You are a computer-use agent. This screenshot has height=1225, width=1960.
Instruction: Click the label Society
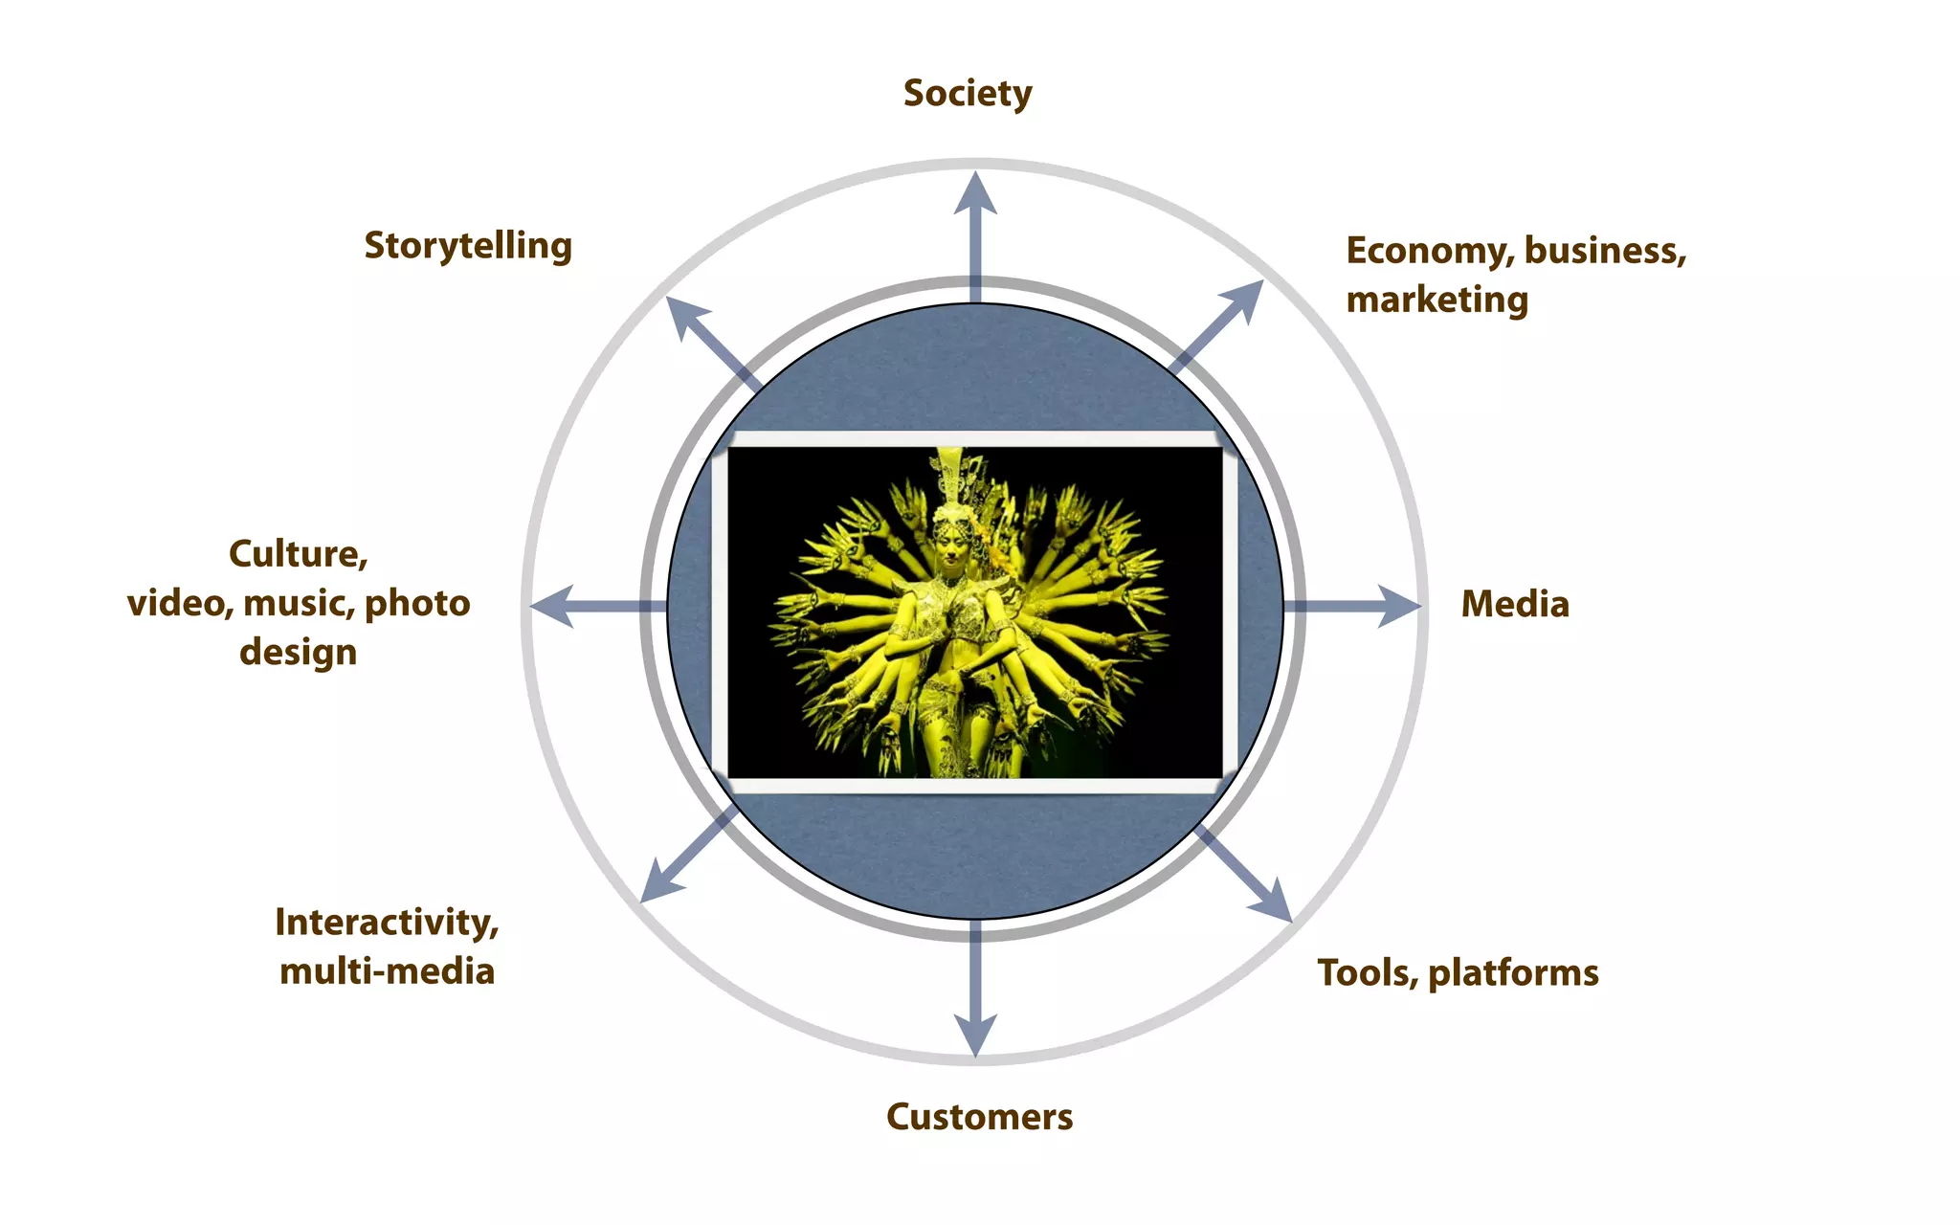point(968,94)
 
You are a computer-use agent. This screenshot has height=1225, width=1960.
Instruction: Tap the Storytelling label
point(468,246)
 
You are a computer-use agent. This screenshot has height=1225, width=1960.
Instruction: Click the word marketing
point(1437,300)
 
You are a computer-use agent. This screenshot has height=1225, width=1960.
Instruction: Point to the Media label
point(1515,605)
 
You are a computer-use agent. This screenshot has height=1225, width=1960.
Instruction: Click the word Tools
point(1366,973)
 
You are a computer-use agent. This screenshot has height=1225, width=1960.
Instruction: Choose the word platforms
point(1513,973)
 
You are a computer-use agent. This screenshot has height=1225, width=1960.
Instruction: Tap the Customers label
point(979,1117)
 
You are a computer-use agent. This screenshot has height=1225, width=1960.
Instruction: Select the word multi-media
point(387,971)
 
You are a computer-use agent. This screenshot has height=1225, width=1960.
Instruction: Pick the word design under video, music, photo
point(298,653)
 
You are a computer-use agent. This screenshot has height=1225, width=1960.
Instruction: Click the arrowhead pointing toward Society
point(975,194)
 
